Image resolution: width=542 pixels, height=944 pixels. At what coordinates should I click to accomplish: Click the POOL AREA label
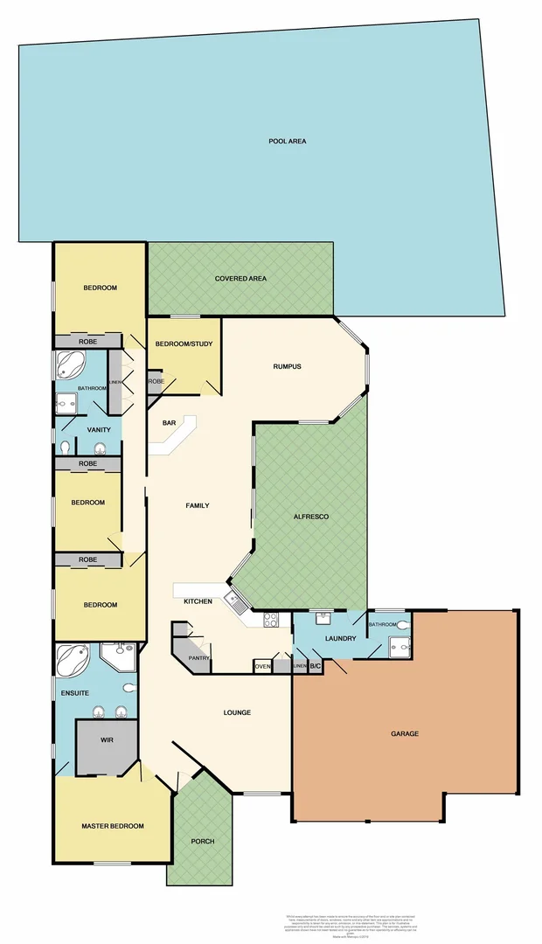[x=287, y=141]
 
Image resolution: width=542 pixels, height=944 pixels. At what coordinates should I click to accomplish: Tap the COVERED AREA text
[x=240, y=279]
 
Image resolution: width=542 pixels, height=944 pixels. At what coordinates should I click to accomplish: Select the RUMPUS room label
[x=287, y=366]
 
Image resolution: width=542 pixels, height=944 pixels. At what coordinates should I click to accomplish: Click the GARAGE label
[x=404, y=733]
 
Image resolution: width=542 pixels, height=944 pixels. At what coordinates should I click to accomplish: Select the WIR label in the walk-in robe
[x=107, y=739]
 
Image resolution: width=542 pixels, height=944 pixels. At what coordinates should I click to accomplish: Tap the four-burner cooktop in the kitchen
[x=270, y=621]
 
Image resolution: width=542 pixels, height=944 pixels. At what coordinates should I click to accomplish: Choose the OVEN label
[x=262, y=667]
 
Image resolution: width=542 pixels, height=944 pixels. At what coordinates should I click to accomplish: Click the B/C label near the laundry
[x=315, y=667]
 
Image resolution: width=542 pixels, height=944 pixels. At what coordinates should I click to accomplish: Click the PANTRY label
[x=198, y=657]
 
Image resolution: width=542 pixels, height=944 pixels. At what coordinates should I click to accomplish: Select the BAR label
[x=170, y=423]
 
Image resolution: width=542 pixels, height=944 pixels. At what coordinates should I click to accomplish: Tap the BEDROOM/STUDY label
[x=184, y=344]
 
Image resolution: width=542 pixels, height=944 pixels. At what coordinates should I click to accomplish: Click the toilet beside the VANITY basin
[x=68, y=447]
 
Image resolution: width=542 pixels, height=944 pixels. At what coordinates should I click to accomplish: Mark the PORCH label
[x=202, y=841]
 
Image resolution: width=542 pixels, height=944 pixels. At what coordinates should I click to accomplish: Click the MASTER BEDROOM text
[x=113, y=826]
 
